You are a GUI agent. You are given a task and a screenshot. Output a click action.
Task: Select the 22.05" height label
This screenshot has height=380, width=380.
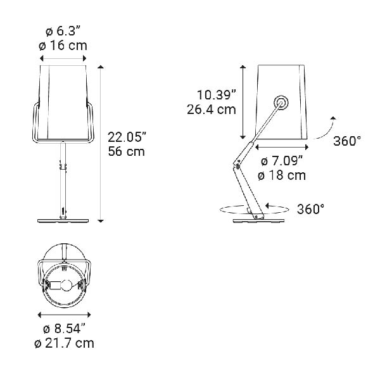pos(127,137)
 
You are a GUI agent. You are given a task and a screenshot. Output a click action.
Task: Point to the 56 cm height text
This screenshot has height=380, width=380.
pos(126,151)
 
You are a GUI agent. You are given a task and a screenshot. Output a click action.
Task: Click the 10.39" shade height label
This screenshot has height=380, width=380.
pos(216,94)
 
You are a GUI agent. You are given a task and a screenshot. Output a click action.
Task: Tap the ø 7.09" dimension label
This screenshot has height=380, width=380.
pos(282,160)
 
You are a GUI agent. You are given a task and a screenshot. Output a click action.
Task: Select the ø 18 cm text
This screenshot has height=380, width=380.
pos(282,175)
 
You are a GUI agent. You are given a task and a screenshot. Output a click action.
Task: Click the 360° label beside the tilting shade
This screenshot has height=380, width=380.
pos(346,141)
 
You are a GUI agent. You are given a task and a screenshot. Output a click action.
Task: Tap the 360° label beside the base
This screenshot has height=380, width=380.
pos(310,208)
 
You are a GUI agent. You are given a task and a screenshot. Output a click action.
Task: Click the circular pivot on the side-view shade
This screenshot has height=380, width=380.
pos(279,103)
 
